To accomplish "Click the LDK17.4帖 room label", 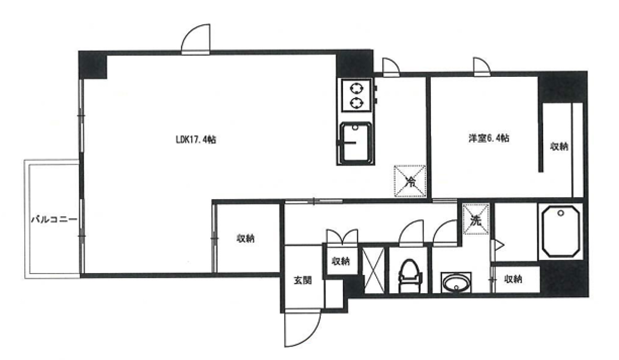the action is tap(196, 140).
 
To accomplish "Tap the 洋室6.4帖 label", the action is tap(489, 138).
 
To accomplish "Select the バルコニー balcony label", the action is tap(54, 220).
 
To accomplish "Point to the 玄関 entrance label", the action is tap(303, 280).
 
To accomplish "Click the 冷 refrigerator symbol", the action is tap(410, 181).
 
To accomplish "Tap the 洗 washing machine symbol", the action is tap(476, 219).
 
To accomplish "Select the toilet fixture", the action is tap(410, 276).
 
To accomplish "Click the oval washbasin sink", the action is tap(456, 283).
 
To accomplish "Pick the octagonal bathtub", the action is tap(560, 231).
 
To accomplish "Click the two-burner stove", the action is tap(356, 96).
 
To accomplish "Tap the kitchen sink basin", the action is tap(355, 143).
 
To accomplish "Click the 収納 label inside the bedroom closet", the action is tap(560, 146).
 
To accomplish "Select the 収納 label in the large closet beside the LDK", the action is tap(246, 238).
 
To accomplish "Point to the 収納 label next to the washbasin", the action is tap(513, 279).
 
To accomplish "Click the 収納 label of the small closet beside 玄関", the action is tap(341, 261).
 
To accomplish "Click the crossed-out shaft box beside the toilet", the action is tap(373, 270).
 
